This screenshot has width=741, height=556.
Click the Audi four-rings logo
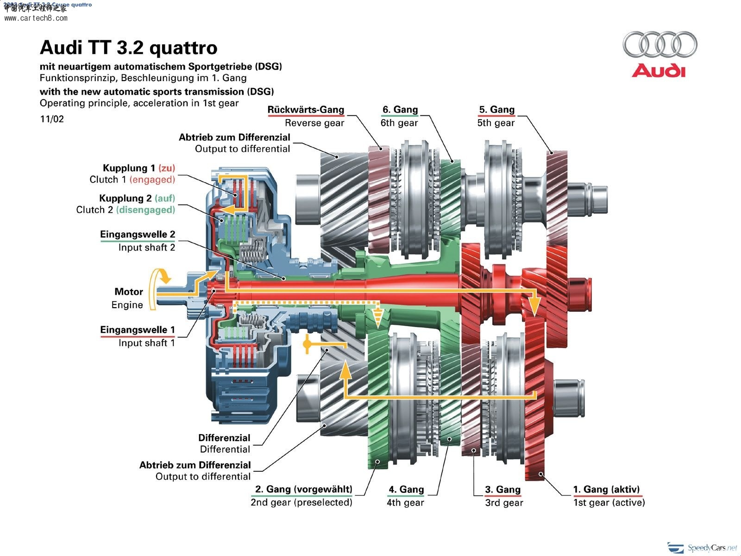[659, 44]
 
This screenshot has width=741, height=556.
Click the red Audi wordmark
[659, 70]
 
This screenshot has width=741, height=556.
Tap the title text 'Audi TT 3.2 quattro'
[128, 48]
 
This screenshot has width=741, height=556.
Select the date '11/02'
[52, 119]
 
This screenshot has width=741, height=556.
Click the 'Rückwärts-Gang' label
[306, 110]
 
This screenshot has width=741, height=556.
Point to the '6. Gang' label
[400, 110]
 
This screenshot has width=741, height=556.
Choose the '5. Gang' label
[496, 110]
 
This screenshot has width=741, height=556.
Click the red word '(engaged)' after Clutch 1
[152, 180]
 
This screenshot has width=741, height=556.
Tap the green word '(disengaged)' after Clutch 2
[145, 210]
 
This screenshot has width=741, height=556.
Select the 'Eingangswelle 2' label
[138, 234]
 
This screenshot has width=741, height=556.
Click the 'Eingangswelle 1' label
[138, 330]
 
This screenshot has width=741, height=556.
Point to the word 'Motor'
[129, 292]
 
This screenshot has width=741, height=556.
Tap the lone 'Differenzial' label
[224, 438]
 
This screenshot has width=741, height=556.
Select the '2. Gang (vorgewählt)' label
[304, 489]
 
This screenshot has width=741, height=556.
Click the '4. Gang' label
[406, 489]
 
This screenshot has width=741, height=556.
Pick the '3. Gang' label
[502, 489]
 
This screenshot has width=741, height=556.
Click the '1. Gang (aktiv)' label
[606, 489]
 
